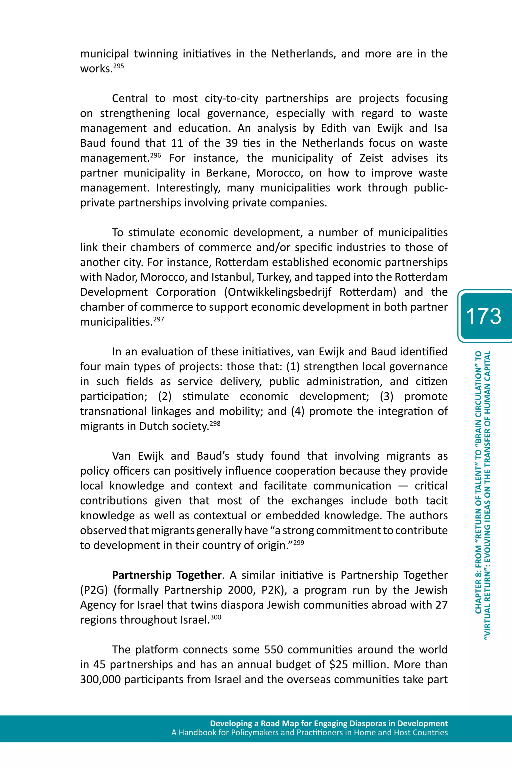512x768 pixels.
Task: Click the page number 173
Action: pos(483,316)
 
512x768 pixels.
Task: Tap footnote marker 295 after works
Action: pos(118,66)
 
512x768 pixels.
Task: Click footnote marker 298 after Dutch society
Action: pos(215,424)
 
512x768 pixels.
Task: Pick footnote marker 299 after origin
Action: pos(298,543)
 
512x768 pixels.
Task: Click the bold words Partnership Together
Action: pos(166,575)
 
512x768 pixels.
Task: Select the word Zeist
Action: pos(371,158)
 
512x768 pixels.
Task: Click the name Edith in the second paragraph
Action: pos(333,128)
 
